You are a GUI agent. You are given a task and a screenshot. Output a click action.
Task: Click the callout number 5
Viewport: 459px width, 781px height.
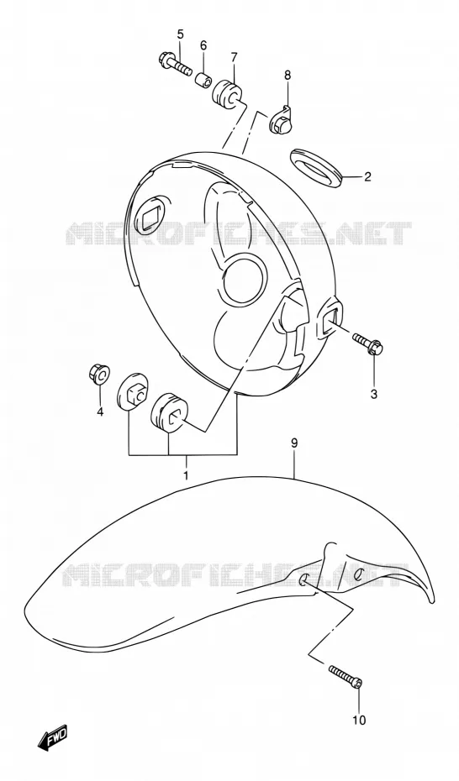click(181, 34)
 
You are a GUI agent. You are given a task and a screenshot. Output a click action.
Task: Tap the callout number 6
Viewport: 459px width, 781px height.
click(203, 45)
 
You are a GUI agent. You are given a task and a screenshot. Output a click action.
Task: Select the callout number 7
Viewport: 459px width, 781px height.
click(234, 57)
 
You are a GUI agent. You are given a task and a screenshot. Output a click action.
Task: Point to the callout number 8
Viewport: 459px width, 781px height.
click(287, 76)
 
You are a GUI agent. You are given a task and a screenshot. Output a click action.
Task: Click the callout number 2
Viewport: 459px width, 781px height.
click(367, 176)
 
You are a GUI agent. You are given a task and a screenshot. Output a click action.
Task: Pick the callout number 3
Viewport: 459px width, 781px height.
click(374, 395)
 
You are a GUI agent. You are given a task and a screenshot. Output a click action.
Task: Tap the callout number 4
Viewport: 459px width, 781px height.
click(100, 411)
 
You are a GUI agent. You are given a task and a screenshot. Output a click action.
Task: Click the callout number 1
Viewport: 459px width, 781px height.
click(186, 475)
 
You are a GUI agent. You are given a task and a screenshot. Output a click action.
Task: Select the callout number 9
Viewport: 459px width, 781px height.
click(294, 443)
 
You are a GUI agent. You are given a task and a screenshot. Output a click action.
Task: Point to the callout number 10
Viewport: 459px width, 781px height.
click(359, 720)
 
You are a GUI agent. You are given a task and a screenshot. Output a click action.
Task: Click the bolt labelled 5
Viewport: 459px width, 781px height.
click(174, 65)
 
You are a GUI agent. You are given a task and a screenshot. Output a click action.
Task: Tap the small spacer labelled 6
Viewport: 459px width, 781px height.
click(203, 79)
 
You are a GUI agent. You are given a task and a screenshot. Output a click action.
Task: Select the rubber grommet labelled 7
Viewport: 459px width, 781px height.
click(229, 92)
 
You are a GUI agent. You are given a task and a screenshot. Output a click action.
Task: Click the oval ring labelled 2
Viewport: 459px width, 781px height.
click(315, 168)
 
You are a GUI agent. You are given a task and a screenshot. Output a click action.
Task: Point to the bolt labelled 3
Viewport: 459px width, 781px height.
click(368, 343)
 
